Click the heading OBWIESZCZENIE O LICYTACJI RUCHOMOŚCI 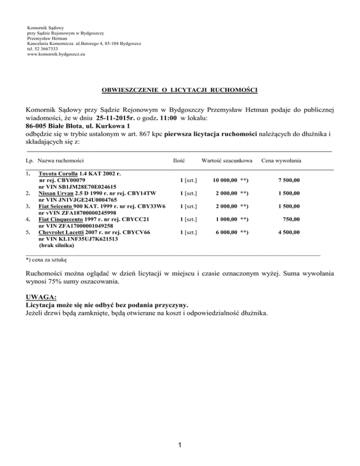click(180, 89)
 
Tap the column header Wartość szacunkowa click(227, 160)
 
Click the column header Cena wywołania click(281, 160)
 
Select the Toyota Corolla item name click(57, 174)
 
